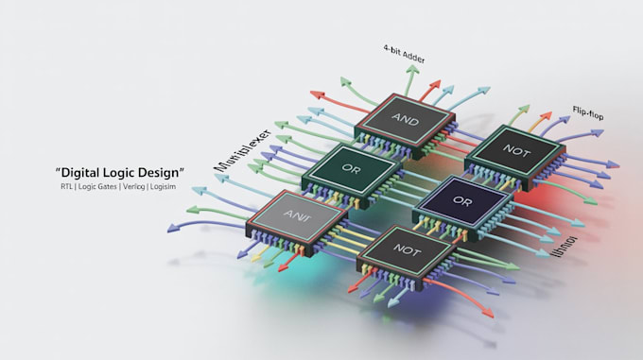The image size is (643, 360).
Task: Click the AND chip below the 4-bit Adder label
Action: (x=404, y=121)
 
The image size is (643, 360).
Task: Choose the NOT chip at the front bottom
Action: (x=404, y=250)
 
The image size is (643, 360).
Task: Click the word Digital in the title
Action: (x=79, y=172)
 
